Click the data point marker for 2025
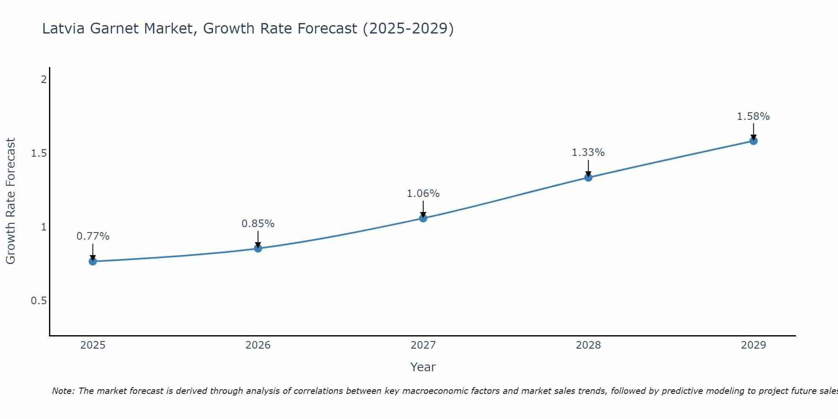93,261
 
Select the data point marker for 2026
258,248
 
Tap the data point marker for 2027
423,218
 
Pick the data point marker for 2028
588,178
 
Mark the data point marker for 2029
753,141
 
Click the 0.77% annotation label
93,236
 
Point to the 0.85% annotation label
258,224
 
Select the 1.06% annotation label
423,194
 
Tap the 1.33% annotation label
588,153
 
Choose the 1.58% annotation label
753,116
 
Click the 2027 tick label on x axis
423,345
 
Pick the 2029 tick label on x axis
753,345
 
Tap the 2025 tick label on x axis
93,345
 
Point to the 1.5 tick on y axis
39,153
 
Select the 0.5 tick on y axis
39,301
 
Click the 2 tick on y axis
43,79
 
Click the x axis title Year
423,367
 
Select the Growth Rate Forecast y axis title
10,201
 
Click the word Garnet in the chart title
115,28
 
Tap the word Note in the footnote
63,391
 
